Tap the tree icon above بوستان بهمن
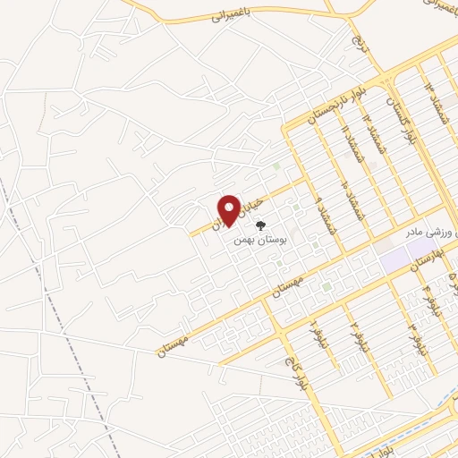[x=260, y=227]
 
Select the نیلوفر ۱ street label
[x=314, y=335]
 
